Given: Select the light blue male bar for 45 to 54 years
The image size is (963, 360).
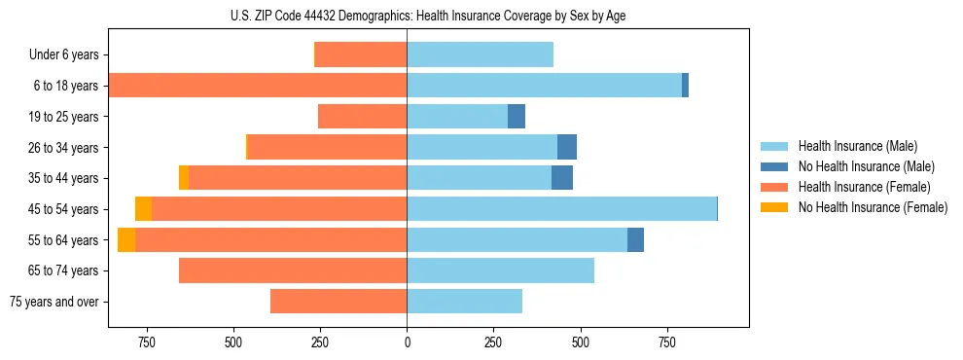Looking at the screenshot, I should tap(561, 209).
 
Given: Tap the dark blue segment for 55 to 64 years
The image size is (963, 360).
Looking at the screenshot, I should tap(635, 239).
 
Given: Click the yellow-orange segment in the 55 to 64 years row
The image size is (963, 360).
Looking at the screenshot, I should tap(126, 239).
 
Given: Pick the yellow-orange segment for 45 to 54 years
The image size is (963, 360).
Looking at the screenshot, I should tap(143, 209).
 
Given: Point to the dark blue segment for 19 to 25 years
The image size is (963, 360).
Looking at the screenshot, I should tap(517, 117).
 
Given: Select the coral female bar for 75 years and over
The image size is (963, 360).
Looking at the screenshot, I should tap(339, 302).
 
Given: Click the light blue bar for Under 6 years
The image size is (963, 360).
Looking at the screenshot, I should tap(480, 55).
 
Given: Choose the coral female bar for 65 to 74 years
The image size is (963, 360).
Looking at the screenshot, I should tap(293, 270).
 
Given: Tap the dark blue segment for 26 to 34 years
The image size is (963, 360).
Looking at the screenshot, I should tap(567, 148).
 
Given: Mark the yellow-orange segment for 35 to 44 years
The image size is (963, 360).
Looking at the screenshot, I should tap(184, 178).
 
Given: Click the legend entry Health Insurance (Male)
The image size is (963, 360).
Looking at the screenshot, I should tap(857, 146).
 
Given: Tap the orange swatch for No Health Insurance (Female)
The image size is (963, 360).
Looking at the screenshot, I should tap(775, 207).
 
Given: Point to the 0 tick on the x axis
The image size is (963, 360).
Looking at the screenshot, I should tap(407, 342).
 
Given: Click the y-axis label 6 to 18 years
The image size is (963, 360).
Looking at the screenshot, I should tap(66, 86).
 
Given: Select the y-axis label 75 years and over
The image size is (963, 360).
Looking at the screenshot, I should tap(54, 302).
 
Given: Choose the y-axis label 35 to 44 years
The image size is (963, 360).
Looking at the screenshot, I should tap(64, 178).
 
